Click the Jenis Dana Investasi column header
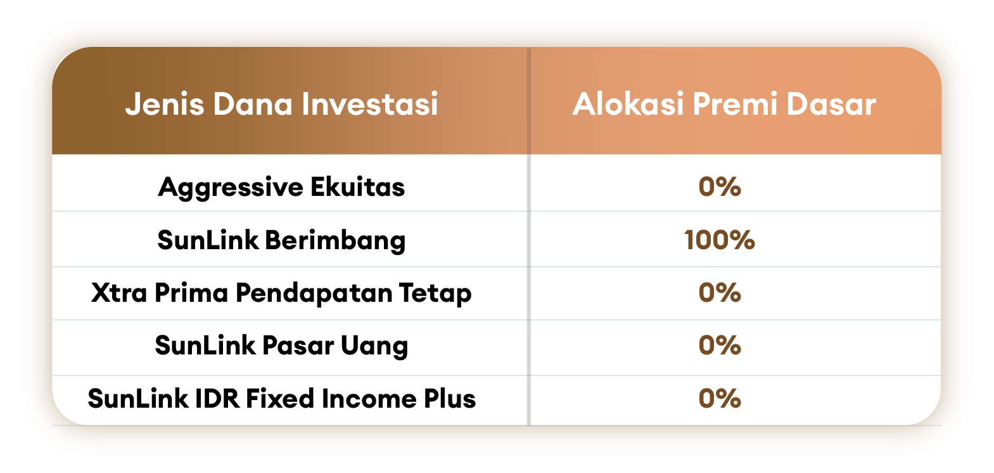(282, 105)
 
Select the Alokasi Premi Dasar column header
(724, 105)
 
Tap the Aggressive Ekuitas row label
(281, 188)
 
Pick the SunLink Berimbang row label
(281, 241)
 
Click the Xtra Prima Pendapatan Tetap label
(281, 294)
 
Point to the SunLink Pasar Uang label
(281, 346)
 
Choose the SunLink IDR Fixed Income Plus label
(282, 398)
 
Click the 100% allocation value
(719, 240)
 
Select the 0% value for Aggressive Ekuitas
(719, 186)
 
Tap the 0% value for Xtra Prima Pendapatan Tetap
(719, 293)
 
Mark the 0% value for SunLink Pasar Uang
(719, 346)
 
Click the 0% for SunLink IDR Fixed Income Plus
(719, 398)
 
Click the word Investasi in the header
(370, 105)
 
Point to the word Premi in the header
(735, 105)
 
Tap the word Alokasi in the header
(628, 105)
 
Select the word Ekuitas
(358, 186)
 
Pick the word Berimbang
(336, 241)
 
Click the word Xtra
(119, 293)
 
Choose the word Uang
(374, 346)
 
